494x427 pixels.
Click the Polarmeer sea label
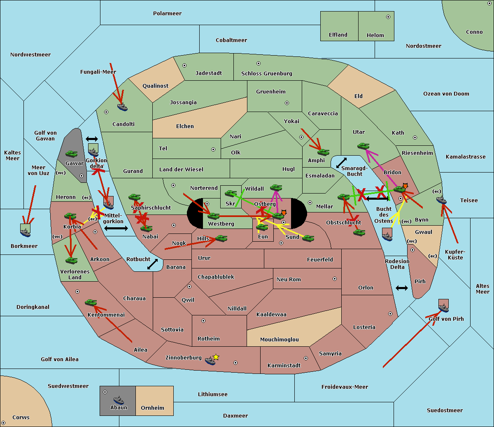pyautogui.click(x=167, y=14)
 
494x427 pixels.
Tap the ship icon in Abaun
pyautogui.click(x=119, y=400)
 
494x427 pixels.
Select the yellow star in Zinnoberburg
pyautogui.click(x=216, y=357)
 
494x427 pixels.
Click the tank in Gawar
pyautogui.click(x=72, y=154)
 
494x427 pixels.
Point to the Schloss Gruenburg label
pyautogui.click(x=267, y=73)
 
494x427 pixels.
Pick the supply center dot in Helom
pyautogui.click(x=388, y=17)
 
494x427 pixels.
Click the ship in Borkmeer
pyautogui.click(x=26, y=232)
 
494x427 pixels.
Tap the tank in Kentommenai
pyautogui.click(x=91, y=303)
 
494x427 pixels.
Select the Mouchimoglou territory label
pyautogui.click(x=280, y=339)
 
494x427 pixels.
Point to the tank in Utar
pyautogui.click(x=363, y=146)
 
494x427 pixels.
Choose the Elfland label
pyautogui.click(x=338, y=35)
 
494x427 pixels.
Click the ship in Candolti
pyautogui.click(x=122, y=107)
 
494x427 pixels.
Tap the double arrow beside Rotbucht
pyautogui.click(x=152, y=264)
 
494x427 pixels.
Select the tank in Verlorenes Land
pyautogui.click(x=72, y=261)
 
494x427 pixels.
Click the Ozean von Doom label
pyautogui.click(x=446, y=94)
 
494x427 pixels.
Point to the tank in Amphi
pyautogui.click(x=323, y=152)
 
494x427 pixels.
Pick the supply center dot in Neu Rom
pyautogui.click(x=335, y=279)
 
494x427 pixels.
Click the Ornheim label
pyautogui.click(x=152, y=408)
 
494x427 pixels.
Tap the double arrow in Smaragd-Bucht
pyautogui.click(x=341, y=163)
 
